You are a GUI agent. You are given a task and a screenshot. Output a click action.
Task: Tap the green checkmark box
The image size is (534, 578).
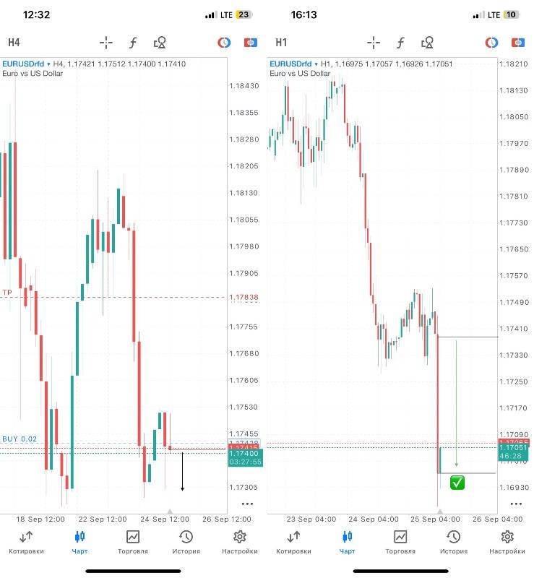coord(457,483)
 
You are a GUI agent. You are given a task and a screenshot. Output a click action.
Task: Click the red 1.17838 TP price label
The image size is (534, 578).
coord(244,298)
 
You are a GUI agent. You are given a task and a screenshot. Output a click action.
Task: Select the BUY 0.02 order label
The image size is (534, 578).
coord(20,439)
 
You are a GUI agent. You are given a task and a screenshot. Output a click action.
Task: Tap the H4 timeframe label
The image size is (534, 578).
coord(14,43)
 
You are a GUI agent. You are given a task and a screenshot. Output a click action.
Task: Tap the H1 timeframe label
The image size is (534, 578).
coord(281,43)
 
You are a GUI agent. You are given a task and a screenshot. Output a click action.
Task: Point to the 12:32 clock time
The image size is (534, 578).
coord(36,14)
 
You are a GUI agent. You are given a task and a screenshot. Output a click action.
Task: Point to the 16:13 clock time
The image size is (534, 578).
coord(304,14)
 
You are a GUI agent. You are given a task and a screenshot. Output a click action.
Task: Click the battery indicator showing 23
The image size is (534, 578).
coord(244,14)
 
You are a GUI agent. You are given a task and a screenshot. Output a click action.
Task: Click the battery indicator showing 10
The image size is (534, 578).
coord(511,14)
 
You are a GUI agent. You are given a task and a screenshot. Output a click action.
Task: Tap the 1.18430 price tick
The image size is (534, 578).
coord(244,86)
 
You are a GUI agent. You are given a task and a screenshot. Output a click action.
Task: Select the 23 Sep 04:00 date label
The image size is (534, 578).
coord(311,519)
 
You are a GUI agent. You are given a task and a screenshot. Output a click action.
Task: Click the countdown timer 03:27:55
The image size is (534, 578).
coord(245,462)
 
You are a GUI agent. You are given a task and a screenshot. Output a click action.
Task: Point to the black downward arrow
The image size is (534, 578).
coord(182,473)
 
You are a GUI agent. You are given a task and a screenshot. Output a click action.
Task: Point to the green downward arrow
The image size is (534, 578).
coord(456,405)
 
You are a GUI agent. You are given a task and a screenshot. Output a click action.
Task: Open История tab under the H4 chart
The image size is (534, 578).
coord(186,542)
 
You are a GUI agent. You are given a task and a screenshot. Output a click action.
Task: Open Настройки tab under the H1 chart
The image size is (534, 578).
coord(507,542)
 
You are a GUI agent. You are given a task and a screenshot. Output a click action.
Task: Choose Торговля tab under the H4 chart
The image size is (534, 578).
coord(133,542)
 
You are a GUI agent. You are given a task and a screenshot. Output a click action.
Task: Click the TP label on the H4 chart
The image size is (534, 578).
coord(7,293)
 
